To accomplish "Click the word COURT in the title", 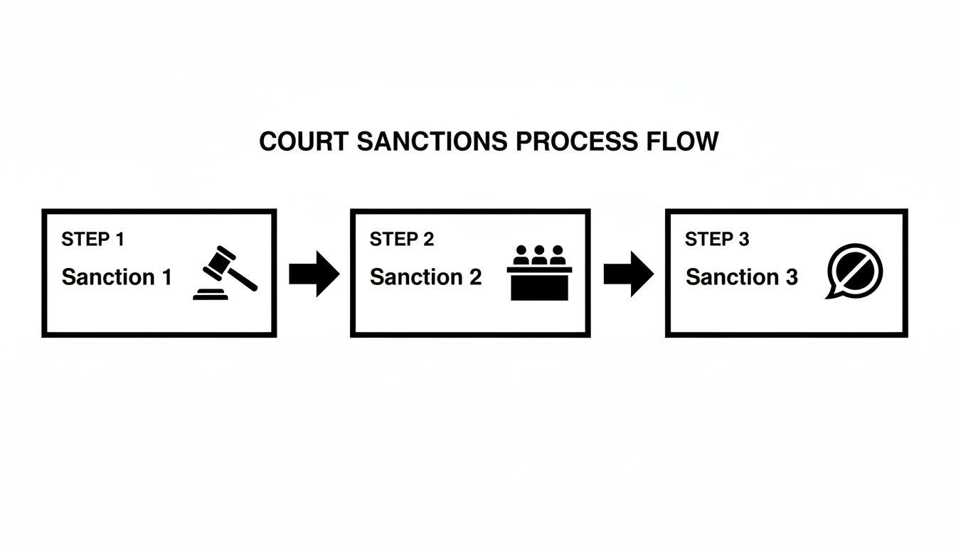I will point(304,141).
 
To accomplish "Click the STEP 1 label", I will point(92,240).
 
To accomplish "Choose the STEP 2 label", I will point(401,240).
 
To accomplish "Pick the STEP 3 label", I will point(716,240).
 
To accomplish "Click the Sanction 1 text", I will point(117,277).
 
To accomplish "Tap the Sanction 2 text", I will point(425,277).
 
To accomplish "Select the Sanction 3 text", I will point(741,277).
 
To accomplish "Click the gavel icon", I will point(225,272).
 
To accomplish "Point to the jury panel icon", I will point(540,273).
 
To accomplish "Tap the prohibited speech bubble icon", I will point(854,272).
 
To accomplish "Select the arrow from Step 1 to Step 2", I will point(314,273).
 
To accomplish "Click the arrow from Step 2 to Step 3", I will point(628,273).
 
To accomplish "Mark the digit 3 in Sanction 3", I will point(792,277).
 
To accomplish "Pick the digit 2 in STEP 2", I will point(428,240).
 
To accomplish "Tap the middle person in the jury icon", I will point(540,254).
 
